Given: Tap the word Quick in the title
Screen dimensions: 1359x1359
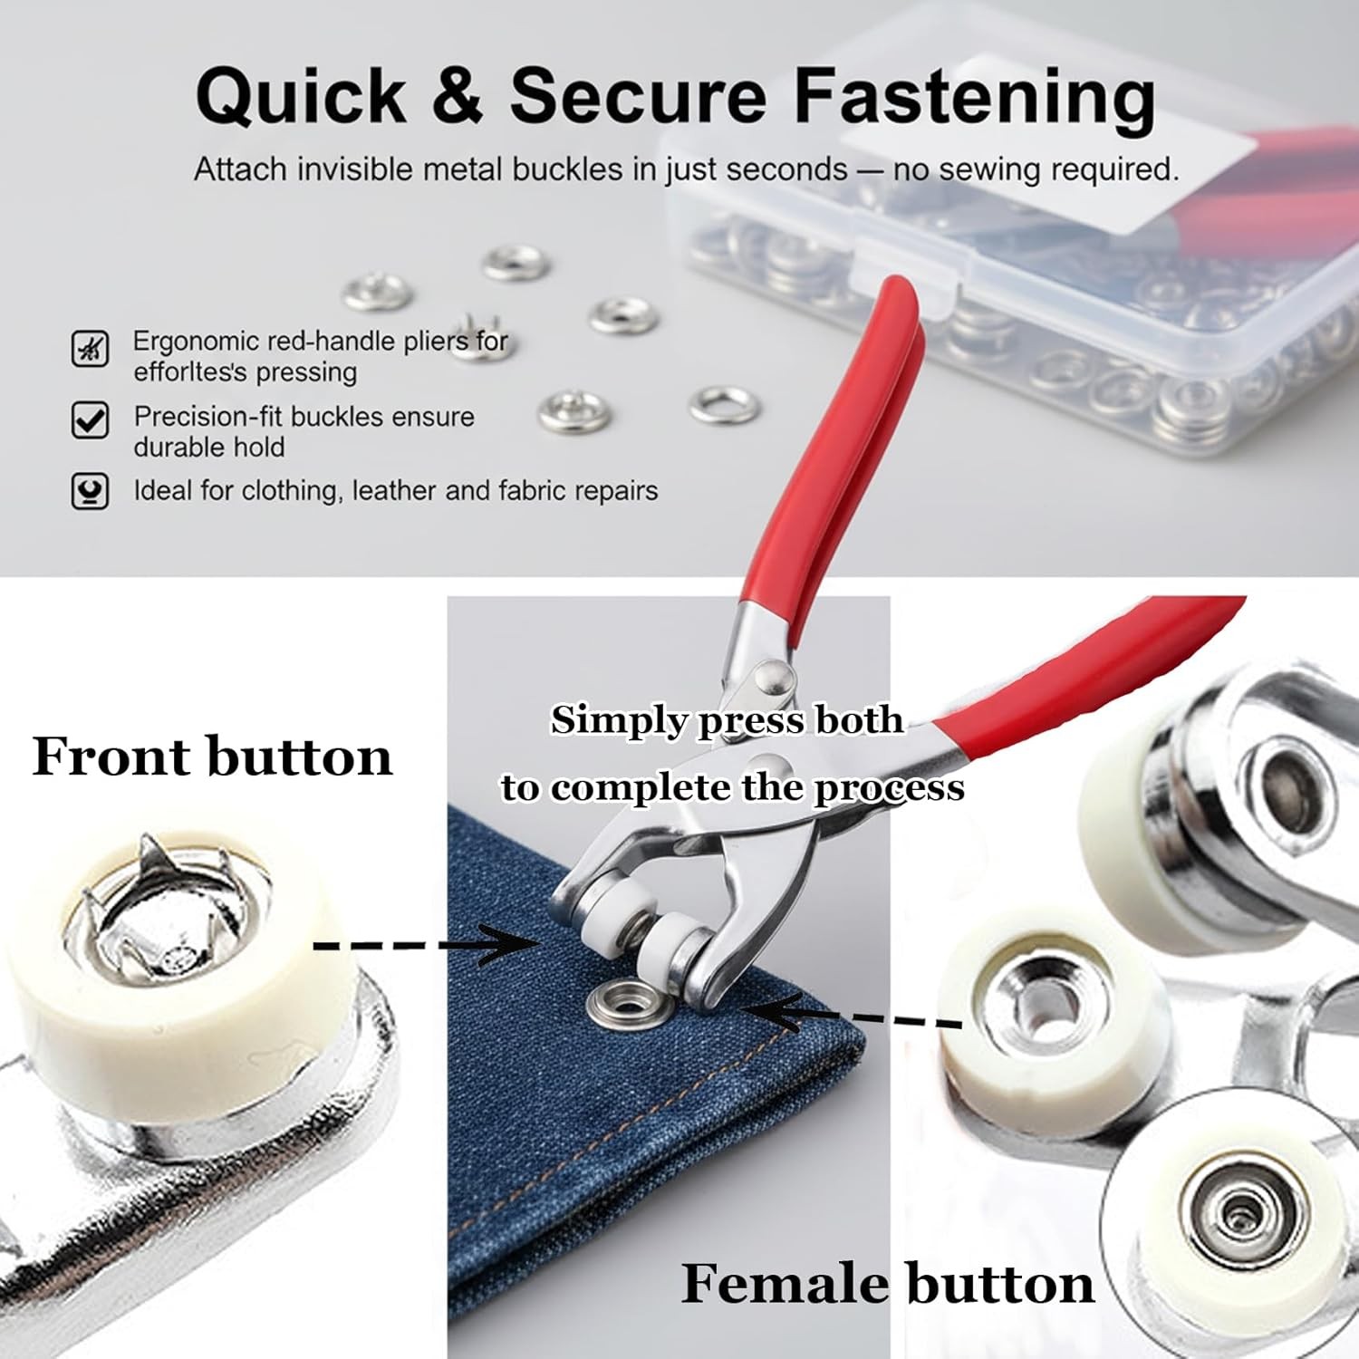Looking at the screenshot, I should point(301,97).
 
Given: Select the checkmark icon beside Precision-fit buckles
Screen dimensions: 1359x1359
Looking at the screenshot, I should point(90,420).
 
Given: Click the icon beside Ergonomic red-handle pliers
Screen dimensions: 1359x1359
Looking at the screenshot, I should point(90,349).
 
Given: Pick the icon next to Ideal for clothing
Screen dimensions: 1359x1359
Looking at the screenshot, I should point(90,491).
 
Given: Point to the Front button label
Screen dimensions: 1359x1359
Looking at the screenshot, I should point(212,757).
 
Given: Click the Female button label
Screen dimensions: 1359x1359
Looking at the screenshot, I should point(886,1284).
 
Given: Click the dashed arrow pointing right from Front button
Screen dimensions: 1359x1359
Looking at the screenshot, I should point(426,945).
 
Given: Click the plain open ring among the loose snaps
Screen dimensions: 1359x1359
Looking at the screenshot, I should point(724,405).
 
